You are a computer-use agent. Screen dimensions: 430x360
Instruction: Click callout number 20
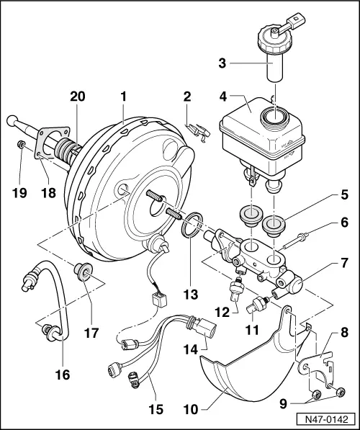77,96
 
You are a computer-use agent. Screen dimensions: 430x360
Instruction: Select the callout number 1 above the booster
124,96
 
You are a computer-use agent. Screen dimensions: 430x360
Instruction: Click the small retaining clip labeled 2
198,131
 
